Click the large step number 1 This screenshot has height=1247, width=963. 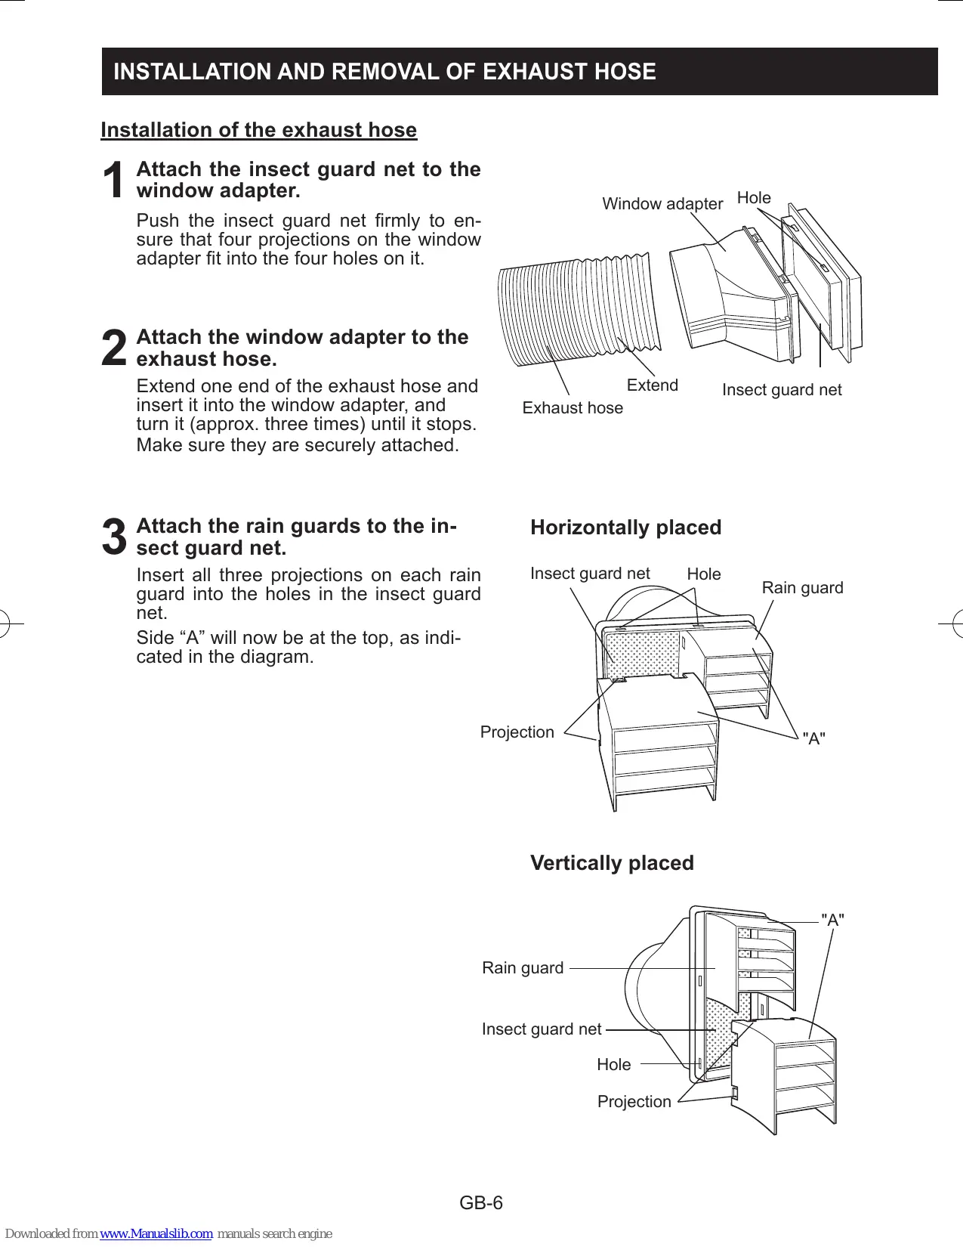(114, 181)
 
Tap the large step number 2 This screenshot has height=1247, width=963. (114, 349)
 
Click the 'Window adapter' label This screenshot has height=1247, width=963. (662, 204)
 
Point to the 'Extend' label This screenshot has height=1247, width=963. (652, 385)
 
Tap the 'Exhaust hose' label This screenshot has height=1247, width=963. (573, 408)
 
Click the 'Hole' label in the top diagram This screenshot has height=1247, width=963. (753, 198)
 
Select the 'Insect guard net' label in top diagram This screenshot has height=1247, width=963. (781, 390)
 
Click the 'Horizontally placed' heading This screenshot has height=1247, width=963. (625, 528)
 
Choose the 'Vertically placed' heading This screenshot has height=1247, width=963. (612, 863)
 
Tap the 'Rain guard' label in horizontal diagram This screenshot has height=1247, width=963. (802, 588)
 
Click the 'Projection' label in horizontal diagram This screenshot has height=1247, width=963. (517, 732)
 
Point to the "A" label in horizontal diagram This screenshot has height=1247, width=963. (813, 739)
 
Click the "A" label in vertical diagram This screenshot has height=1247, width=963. (832, 920)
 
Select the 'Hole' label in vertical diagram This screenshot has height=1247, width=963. (613, 1065)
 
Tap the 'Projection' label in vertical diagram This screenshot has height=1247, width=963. (634, 1102)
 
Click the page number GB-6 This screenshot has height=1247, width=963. (481, 1202)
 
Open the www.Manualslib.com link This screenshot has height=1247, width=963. (156, 1233)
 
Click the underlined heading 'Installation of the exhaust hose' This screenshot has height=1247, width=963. (258, 130)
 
